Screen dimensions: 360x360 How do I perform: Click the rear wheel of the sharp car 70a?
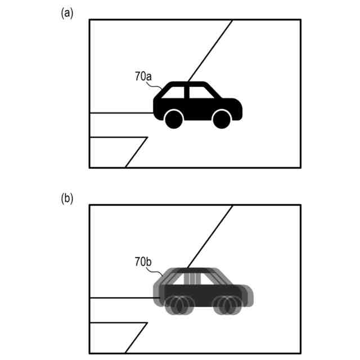(174, 119)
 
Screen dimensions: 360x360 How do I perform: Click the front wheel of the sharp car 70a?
(222, 119)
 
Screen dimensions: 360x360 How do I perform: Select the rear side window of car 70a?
(176, 92)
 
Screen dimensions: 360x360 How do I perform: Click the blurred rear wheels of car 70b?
(178, 305)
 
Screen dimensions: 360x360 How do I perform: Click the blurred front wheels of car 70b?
(227, 305)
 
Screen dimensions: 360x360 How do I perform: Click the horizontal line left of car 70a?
(121, 113)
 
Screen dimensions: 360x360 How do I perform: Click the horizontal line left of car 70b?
(121, 298)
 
